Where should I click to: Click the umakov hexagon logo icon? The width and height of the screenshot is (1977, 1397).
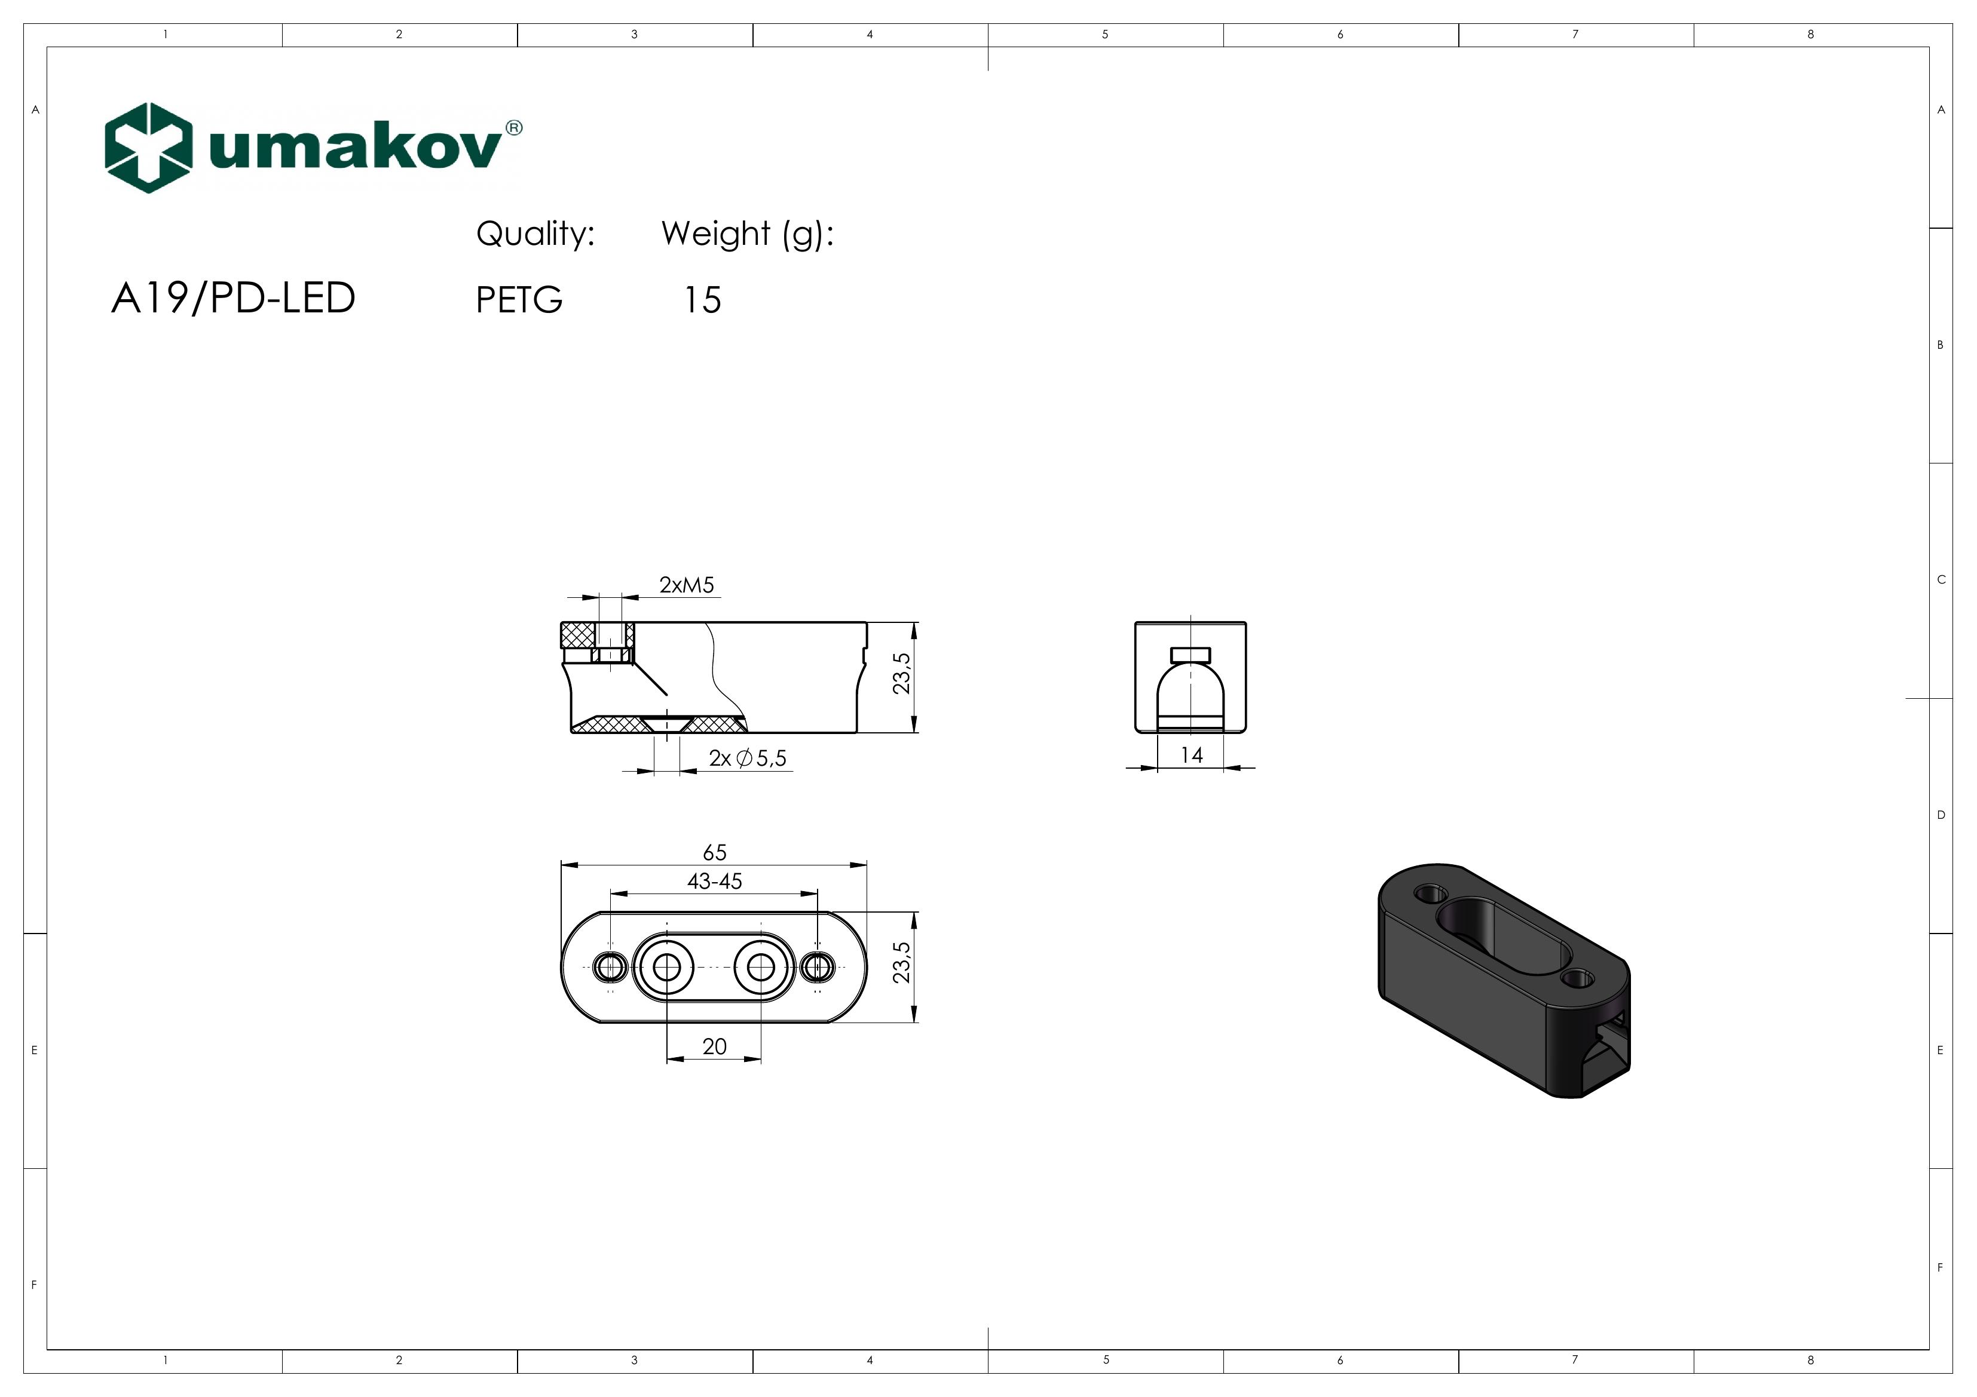pos(147,148)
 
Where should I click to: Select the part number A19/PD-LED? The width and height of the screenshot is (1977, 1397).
pos(233,299)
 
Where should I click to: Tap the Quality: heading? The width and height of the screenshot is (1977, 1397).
pos(535,234)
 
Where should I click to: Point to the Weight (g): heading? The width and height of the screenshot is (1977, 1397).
pos(748,234)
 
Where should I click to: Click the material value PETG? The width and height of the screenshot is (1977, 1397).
pos(519,300)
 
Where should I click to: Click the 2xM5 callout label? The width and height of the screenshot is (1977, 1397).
pos(686,585)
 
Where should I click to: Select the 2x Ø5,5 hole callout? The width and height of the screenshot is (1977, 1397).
pos(748,759)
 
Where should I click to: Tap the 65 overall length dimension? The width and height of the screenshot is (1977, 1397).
pos(715,852)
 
